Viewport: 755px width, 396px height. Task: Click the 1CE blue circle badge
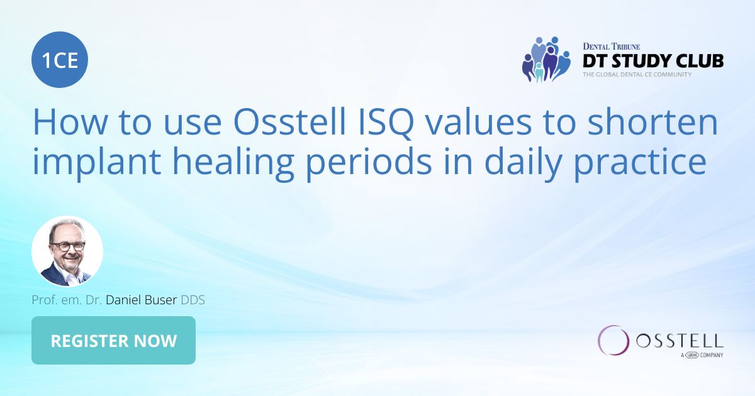(x=60, y=60)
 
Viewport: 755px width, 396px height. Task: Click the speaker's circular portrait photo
(x=67, y=251)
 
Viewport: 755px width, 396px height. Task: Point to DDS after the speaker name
(x=193, y=300)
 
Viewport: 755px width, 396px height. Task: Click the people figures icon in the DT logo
(x=545, y=60)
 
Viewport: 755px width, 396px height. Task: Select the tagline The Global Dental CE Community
(x=637, y=74)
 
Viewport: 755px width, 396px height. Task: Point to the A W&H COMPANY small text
(x=702, y=355)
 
